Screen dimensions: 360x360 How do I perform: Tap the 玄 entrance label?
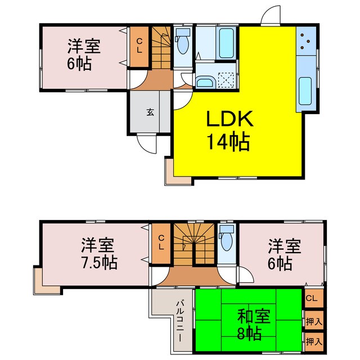click(x=150, y=111)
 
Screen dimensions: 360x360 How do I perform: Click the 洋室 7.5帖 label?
click(x=98, y=254)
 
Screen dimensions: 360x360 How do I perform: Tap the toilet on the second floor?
click(x=226, y=241)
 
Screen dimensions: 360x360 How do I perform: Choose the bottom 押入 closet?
click(x=314, y=340)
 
